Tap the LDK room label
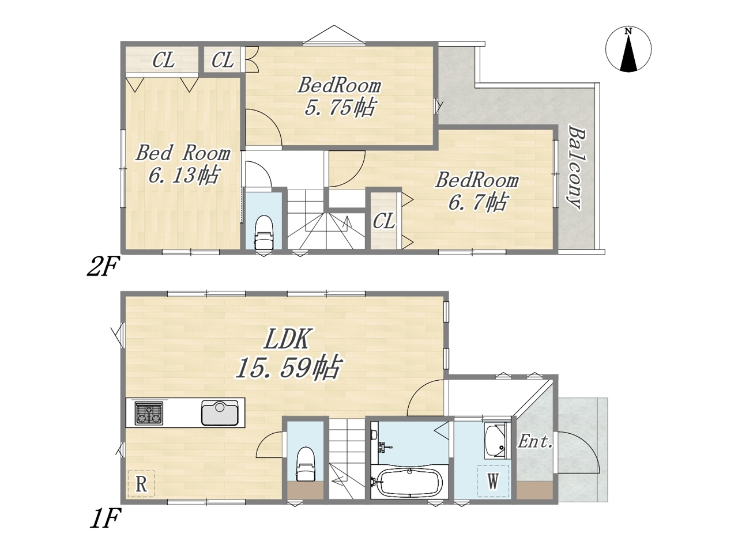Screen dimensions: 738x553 point(286,339)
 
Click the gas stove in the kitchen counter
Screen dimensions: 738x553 point(149,413)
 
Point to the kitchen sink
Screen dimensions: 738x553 point(220,413)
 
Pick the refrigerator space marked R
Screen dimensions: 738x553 point(141,484)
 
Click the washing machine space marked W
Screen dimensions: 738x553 point(493,481)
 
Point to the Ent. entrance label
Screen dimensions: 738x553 point(535,441)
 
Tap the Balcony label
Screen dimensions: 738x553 point(577,167)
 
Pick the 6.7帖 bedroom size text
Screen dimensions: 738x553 point(477,202)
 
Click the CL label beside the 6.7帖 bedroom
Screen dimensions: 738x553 point(383,222)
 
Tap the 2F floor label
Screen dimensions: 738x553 point(103,267)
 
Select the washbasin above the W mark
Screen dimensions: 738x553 point(495,441)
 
